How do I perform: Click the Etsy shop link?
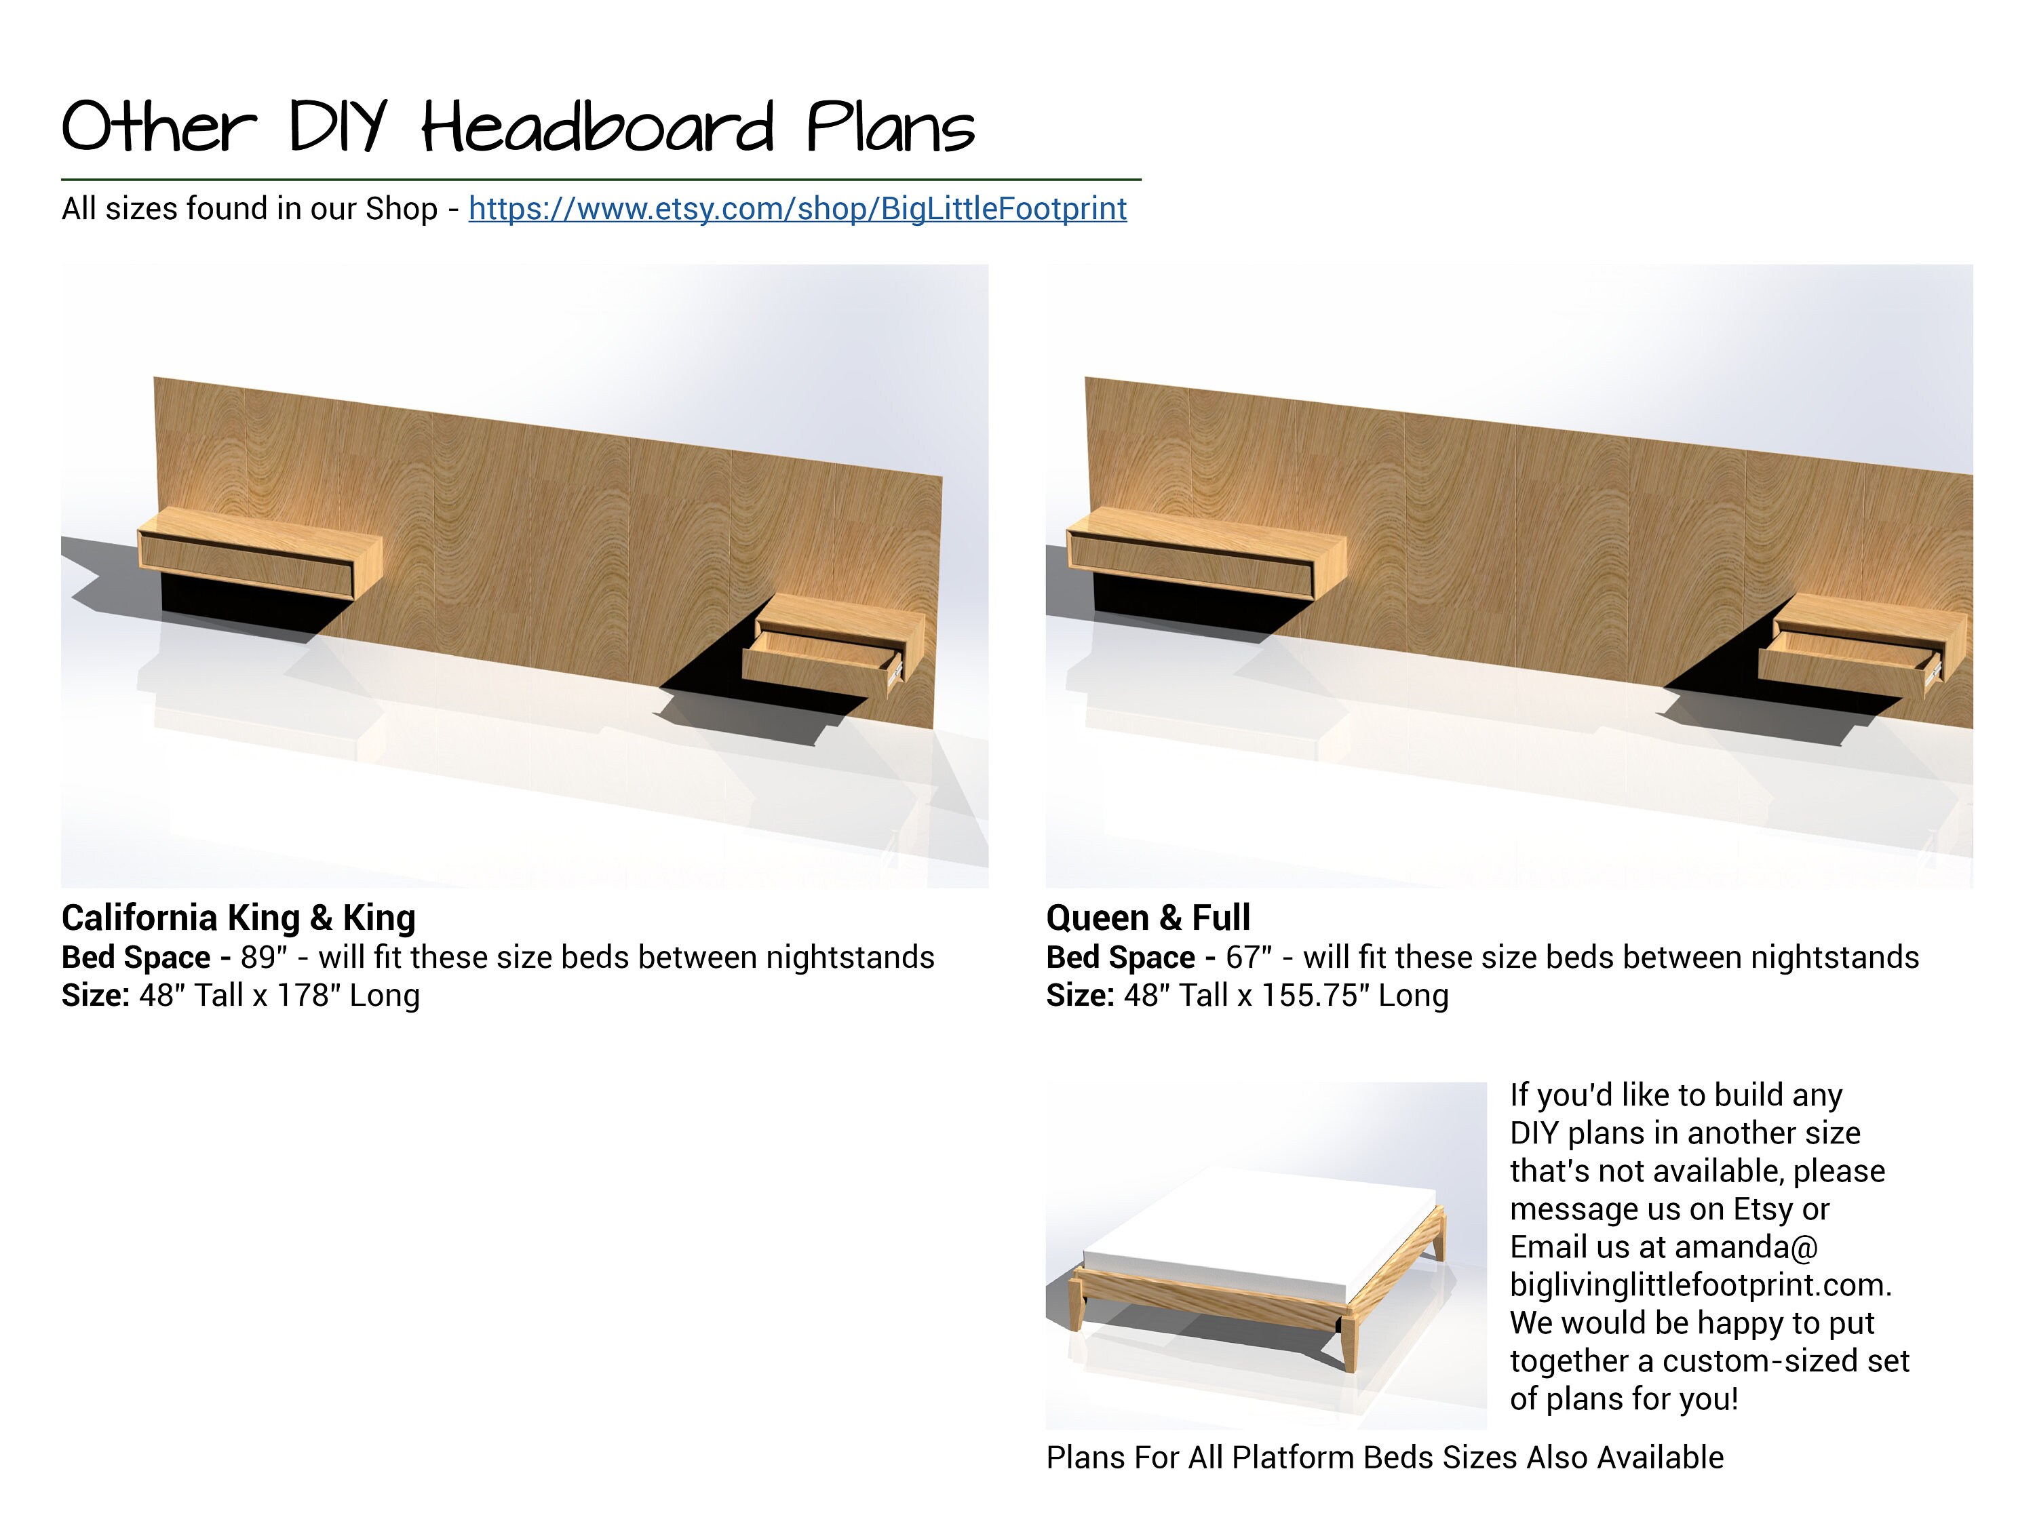pos(797,210)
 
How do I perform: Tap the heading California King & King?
pos(238,918)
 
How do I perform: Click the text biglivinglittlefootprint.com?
pos(1699,1285)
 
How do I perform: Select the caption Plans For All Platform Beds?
pos(1384,1458)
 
